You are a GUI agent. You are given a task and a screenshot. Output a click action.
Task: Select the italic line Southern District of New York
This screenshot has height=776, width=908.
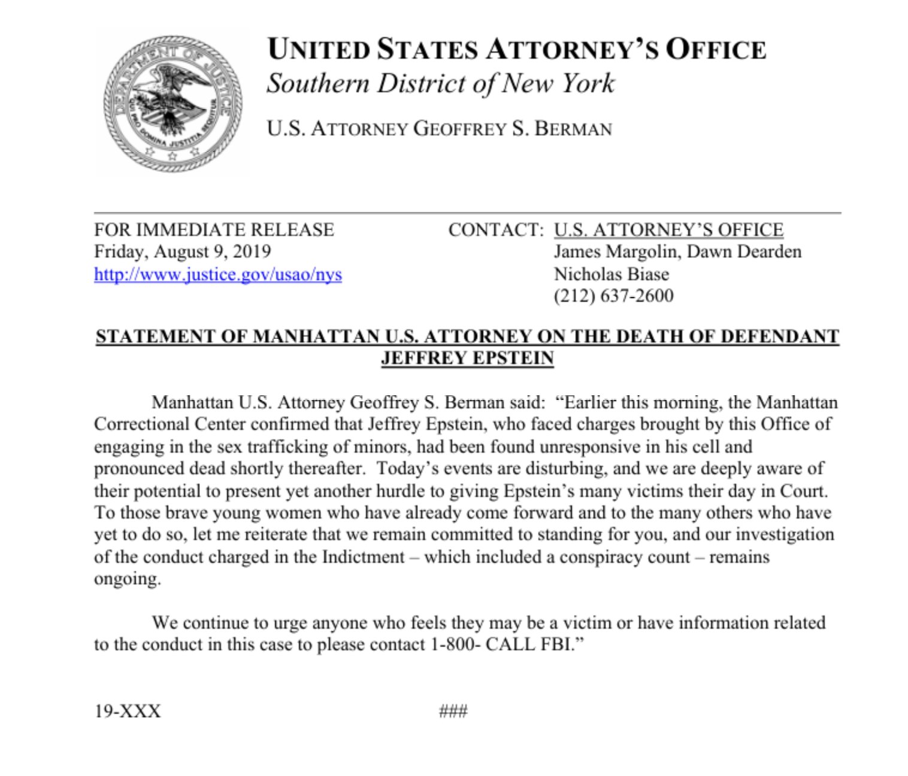440,84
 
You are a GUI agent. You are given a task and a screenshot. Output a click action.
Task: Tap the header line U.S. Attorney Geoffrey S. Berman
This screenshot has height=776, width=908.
439,129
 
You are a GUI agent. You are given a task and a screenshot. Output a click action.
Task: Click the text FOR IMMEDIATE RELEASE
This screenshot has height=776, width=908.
214,230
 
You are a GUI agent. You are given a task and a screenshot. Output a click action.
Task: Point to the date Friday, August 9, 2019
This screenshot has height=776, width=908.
182,251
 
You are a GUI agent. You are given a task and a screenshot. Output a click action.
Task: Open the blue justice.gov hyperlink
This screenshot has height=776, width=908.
217,274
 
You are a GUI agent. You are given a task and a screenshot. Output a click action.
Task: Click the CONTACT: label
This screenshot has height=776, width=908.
495,230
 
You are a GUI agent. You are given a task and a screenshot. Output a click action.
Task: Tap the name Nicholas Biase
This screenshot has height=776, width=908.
611,274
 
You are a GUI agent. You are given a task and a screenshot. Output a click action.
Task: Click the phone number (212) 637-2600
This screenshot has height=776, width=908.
613,296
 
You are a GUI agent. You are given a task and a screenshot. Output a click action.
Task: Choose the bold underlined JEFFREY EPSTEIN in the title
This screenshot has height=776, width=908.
467,358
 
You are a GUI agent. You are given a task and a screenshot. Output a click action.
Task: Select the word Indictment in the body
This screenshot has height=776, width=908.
363,557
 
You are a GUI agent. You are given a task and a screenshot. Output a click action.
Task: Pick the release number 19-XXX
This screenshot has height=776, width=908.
128,711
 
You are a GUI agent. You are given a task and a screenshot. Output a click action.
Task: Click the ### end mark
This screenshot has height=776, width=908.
453,711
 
